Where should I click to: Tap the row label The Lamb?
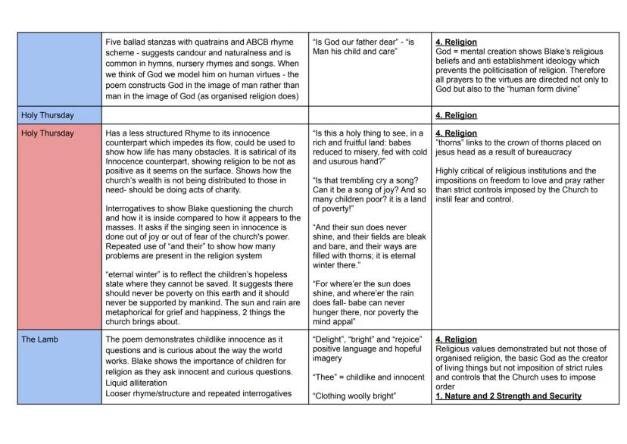point(38,339)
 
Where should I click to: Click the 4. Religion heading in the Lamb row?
point(456,339)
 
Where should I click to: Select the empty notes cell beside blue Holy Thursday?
point(204,115)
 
